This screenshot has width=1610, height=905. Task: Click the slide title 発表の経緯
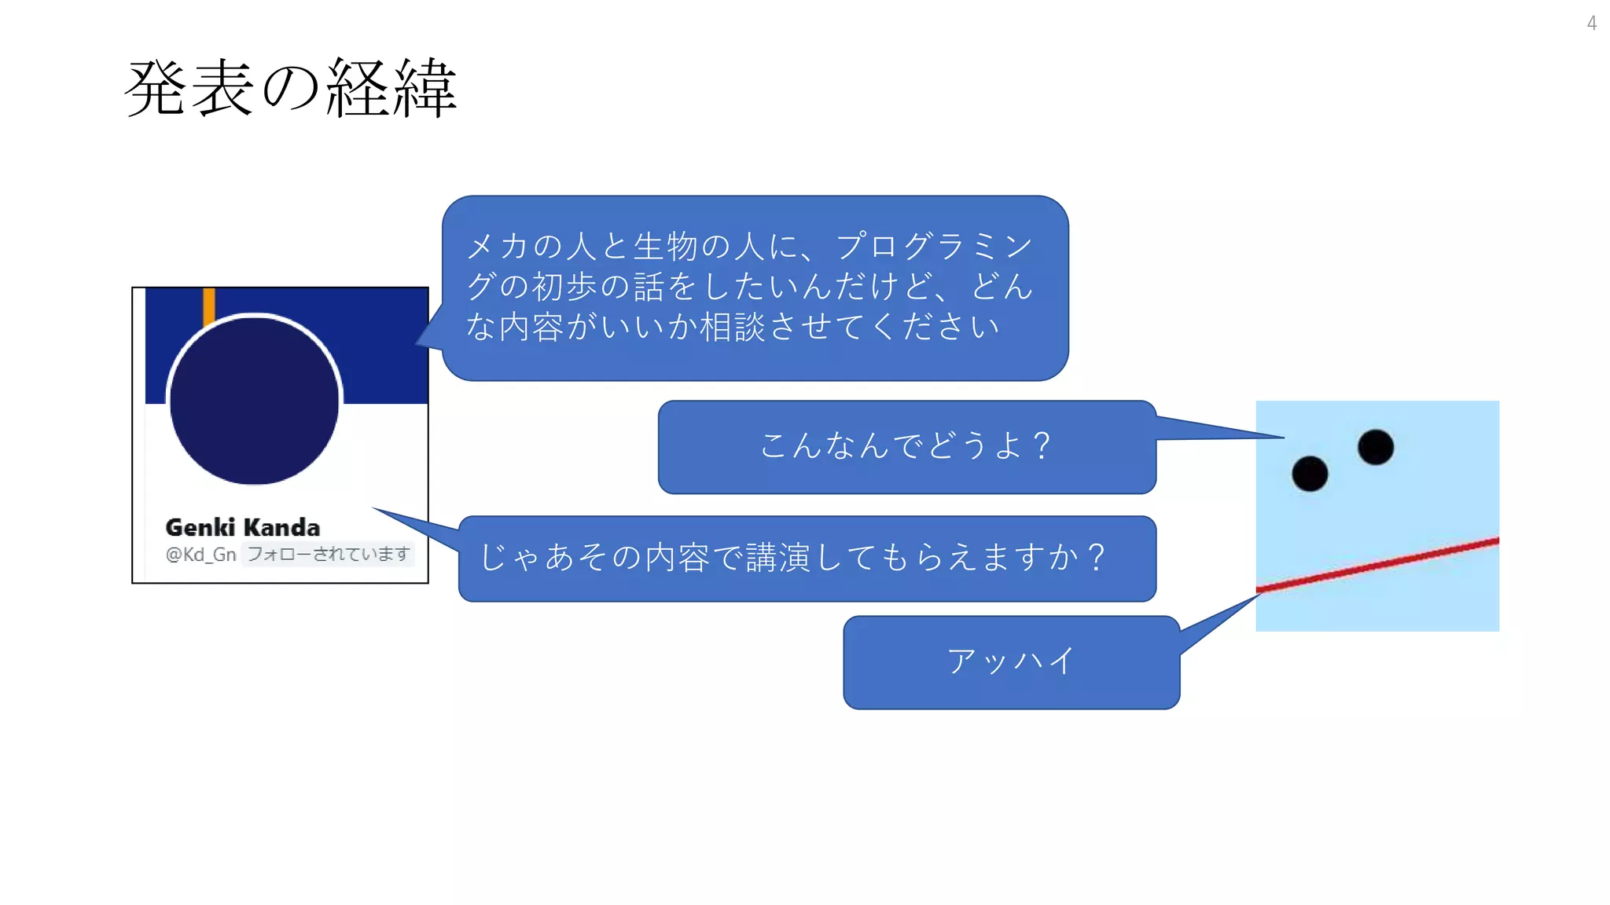pos(290,88)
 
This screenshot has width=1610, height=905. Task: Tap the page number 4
pos(1591,24)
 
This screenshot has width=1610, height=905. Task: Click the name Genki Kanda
pos(242,527)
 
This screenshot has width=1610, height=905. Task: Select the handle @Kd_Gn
pos(200,555)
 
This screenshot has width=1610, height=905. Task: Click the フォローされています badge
pos(328,555)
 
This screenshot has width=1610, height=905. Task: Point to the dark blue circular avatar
pos(254,400)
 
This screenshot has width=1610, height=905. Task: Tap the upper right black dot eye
pos(1375,447)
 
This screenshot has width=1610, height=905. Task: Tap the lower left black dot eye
pos(1310,474)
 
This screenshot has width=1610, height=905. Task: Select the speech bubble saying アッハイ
pos(1011,661)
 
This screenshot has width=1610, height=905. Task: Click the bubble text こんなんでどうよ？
pos(906,446)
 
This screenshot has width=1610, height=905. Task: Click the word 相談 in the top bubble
pos(732,326)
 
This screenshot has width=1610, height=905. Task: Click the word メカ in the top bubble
pos(497,246)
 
